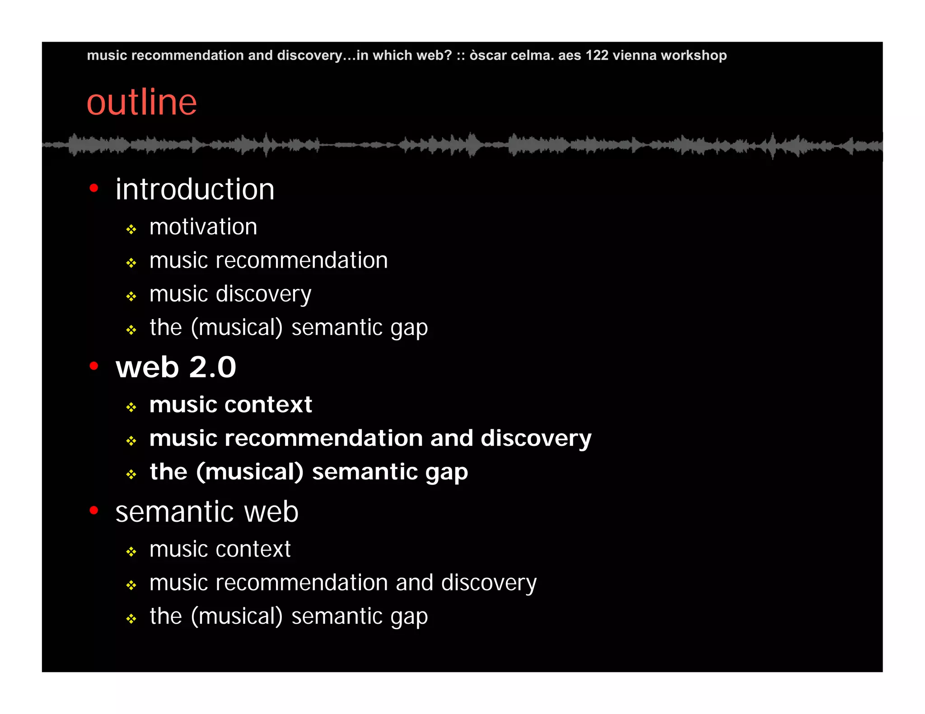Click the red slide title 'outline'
click(x=141, y=102)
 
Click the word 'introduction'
click(x=195, y=189)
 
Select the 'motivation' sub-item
click(x=203, y=227)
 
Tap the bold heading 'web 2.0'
click(x=176, y=367)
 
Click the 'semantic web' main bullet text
click(x=207, y=512)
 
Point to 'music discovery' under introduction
click(x=230, y=294)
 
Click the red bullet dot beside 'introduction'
click(x=94, y=188)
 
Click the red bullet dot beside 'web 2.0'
click(x=94, y=366)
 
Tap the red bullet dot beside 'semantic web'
click(x=94, y=510)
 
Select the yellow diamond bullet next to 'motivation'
click(x=131, y=230)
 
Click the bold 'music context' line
click(x=231, y=404)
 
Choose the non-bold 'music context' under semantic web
click(x=220, y=549)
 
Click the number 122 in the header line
click(x=597, y=56)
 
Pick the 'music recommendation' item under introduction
click(x=268, y=260)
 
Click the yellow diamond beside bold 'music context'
click(x=131, y=408)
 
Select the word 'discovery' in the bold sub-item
click(x=536, y=439)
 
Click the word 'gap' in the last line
click(x=409, y=617)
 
